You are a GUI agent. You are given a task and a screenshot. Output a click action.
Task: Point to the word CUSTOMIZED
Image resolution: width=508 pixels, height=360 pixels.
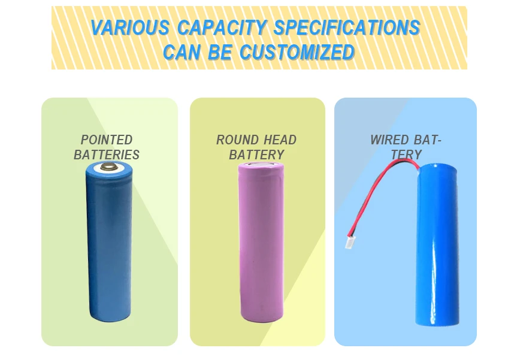(297, 53)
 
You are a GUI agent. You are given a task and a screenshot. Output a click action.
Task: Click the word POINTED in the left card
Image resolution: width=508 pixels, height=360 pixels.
(107, 140)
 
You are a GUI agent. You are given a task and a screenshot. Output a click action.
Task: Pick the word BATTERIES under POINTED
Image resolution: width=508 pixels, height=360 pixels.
(107, 155)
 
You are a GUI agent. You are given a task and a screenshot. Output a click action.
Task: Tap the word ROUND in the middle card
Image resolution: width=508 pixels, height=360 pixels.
(238, 140)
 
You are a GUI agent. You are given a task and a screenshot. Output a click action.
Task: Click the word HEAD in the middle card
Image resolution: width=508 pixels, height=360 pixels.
(280, 140)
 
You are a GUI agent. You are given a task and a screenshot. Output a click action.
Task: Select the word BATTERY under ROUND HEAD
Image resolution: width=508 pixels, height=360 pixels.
(256, 155)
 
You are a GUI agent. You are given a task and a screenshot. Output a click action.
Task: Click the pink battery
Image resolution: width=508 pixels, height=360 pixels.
(260, 240)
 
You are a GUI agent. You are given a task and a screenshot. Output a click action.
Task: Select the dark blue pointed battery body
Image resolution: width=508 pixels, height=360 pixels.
(108, 246)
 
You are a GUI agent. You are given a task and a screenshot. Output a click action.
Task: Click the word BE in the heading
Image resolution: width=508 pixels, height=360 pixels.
(219, 53)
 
